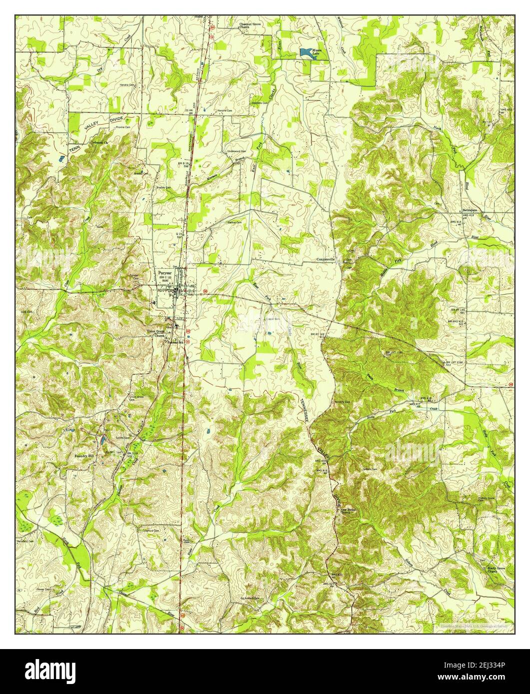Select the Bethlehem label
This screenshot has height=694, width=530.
pos(472,210)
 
